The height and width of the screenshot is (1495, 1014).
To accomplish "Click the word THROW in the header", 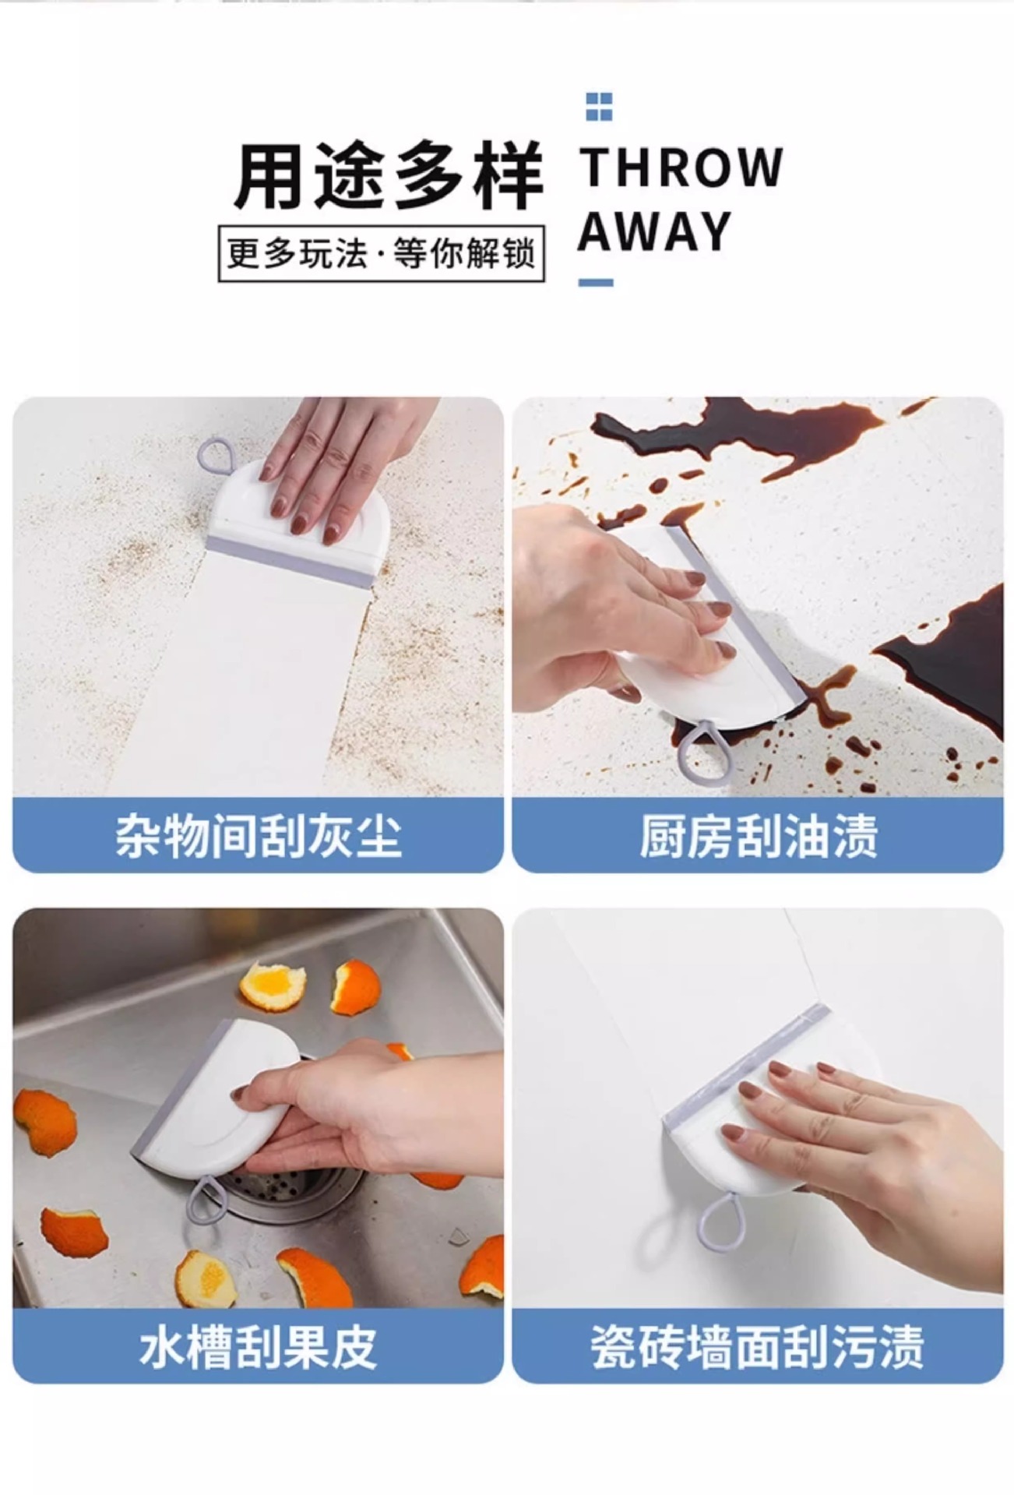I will tap(681, 167).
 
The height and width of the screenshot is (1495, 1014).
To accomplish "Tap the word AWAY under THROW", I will tap(654, 231).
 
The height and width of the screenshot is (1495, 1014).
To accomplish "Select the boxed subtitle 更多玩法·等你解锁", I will tap(381, 254).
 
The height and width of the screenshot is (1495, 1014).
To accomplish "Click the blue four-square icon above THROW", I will tap(599, 107).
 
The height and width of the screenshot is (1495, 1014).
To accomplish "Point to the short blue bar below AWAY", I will tap(596, 283).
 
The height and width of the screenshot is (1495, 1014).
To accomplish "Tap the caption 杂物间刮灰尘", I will tap(258, 837).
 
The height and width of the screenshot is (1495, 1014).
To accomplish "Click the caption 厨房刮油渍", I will tap(758, 837).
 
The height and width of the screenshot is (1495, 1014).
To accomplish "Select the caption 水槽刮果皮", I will tap(258, 1348).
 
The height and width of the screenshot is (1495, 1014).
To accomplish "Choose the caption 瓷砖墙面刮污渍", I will tap(758, 1348).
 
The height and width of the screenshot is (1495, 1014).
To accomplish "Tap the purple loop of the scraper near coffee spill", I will tap(704, 751).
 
